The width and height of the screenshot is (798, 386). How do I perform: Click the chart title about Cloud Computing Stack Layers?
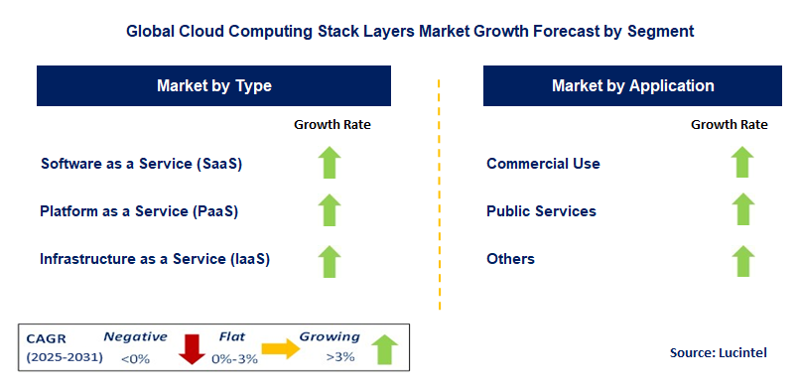point(410,31)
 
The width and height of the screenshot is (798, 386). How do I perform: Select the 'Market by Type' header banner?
point(213,86)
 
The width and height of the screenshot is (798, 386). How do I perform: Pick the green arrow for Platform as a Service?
point(330,211)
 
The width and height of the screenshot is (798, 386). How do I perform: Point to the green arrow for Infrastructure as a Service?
point(330,260)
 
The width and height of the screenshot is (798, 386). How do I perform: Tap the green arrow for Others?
point(741,260)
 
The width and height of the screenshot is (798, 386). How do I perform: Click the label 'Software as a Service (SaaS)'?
point(141,164)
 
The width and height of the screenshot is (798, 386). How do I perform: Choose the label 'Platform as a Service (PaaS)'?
point(139,211)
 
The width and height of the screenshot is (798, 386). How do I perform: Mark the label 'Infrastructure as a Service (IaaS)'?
point(155,259)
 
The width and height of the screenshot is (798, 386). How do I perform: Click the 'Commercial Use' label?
point(543,164)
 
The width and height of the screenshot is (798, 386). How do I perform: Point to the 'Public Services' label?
point(541,211)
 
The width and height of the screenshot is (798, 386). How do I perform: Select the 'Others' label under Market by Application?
point(510,259)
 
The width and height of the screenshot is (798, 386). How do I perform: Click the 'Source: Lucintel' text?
point(718,352)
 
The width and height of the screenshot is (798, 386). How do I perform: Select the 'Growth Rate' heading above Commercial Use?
point(730,125)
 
